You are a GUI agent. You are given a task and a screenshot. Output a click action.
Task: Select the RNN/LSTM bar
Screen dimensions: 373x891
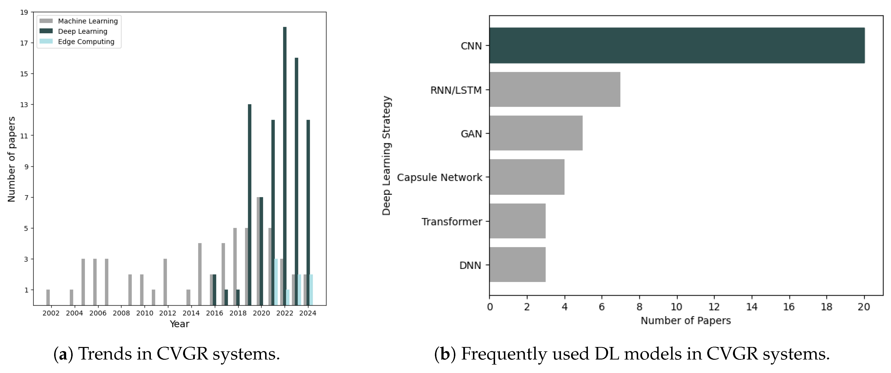pyautogui.click(x=554, y=89)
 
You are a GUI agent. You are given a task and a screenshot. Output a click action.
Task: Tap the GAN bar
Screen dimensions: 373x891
pyautogui.click(x=536, y=133)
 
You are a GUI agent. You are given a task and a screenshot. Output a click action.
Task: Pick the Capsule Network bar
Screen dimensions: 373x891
pyautogui.click(x=526, y=177)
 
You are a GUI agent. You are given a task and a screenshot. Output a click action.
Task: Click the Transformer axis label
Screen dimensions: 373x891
pyautogui.click(x=451, y=222)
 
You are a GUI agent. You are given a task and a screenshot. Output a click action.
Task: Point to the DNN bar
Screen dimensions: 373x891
pyautogui.click(x=517, y=265)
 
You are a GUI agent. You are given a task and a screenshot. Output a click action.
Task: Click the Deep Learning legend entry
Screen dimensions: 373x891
pyautogui.click(x=82, y=31)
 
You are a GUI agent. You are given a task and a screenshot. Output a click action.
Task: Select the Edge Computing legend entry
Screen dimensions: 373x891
pyautogui.click(x=86, y=41)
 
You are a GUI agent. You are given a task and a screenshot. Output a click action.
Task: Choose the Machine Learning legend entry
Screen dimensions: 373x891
pyautogui.click(x=88, y=21)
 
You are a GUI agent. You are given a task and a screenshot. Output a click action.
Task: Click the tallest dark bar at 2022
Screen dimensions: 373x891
pyautogui.click(x=285, y=166)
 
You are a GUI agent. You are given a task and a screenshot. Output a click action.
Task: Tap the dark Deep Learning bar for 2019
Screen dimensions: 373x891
pyautogui.click(x=249, y=204)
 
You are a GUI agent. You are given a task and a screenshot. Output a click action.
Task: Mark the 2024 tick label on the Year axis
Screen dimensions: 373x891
pyautogui.click(x=307, y=313)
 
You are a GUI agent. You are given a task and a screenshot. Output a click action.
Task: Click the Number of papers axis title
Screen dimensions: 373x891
pyautogui.click(x=11, y=159)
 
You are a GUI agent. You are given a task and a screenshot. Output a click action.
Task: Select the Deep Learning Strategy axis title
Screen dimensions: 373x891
pyautogui.click(x=386, y=156)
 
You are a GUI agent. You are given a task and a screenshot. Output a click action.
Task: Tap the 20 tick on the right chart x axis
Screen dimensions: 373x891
pyautogui.click(x=864, y=307)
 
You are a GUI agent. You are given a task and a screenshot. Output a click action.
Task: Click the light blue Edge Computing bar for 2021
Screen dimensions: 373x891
pyautogui.click(x=276, y=282)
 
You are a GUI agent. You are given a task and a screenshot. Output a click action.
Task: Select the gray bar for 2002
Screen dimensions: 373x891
pyautogui.click(x=48, y=297)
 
